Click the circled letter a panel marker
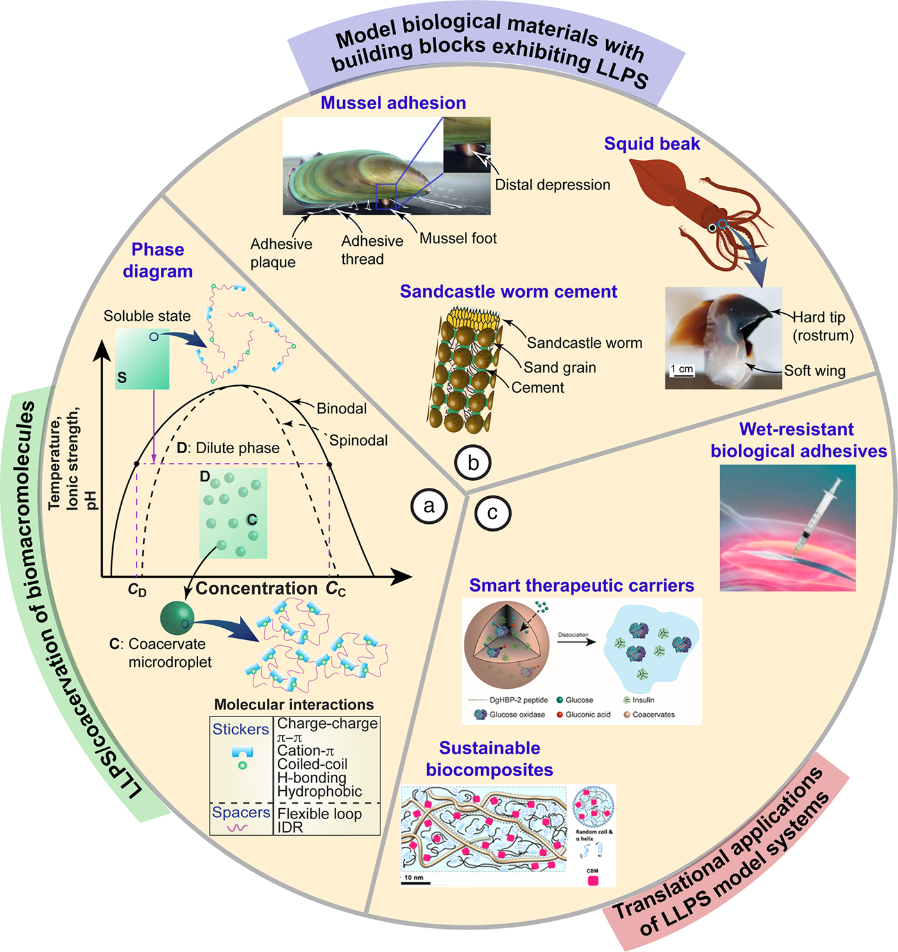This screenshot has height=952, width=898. [x=428, y=506]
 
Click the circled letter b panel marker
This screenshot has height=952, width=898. [x=473, y=462]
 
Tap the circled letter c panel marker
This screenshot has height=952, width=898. [x=493, y=513]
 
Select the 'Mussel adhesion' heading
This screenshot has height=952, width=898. [x=393, y=103]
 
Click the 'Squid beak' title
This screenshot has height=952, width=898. [x=652, y=144]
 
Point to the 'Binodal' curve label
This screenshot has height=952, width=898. [x=342, y=408]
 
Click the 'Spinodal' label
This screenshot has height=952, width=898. [x=359, y=440]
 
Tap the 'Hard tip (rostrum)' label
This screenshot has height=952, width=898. [x=823, y=326]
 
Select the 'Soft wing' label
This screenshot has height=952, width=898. [x=815, y=370]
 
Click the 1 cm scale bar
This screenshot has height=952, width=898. [x=682, y=372]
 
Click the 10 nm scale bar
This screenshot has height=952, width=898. [x=415, y=881]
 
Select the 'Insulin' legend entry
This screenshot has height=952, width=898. [x=643, y=700]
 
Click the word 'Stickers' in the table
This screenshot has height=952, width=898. [x=241, y=729]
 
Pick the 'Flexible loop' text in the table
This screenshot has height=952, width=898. [x=319, y=813]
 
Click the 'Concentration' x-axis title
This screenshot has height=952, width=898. [x=257, y=588]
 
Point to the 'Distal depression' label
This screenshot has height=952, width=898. [x=552, y=185]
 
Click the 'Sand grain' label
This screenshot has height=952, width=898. [x=560, y=367]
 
